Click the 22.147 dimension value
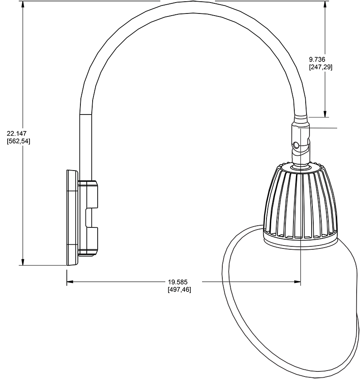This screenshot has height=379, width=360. tap(16, 133)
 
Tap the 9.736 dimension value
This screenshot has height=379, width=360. tap(317, 59)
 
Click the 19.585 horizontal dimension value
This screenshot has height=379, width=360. tap(178, 282)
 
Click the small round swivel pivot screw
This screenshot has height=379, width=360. tap(295, 146)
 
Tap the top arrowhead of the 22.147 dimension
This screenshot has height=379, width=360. tap(23, 4)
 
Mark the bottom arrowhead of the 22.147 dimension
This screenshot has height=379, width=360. tap(23, 262)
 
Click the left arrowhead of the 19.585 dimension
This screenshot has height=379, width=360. tap(70, 281)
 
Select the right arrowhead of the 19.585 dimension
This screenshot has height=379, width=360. tap(297, 281)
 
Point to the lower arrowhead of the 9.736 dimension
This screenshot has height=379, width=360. tap(325, 114)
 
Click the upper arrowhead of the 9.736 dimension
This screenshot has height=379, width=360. tap(325, 4)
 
